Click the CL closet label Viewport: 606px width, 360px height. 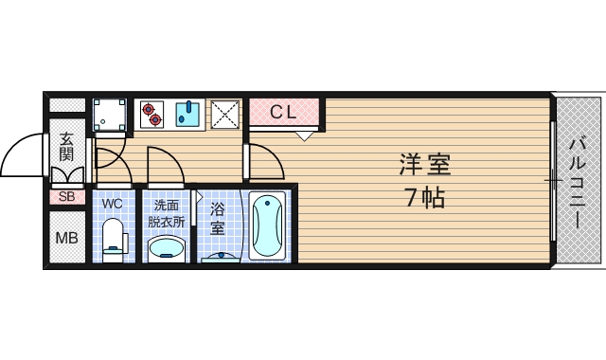284,112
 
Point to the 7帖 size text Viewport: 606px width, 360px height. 423,198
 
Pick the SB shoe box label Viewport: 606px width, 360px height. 66,197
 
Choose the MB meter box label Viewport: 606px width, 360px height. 66,237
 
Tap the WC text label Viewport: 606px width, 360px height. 113,204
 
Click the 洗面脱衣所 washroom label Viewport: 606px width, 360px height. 167,212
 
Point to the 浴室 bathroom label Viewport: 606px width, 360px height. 217,218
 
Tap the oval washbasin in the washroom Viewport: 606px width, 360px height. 168,248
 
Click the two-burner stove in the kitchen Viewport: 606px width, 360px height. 151,115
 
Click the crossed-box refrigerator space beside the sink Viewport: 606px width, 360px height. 225,115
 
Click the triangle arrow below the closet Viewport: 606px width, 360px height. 303,135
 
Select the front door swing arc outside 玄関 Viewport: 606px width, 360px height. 24,156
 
